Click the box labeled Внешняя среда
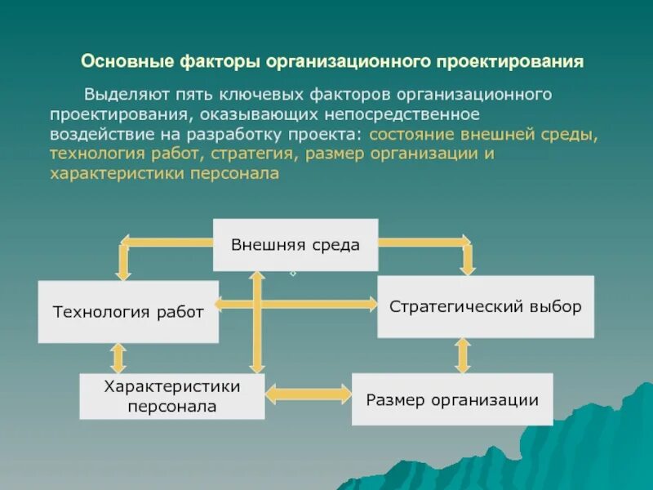(295, 244)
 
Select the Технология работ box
(128, 311)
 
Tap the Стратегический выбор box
(485, 306)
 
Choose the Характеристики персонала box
(171, 396)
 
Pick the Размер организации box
(451, 399)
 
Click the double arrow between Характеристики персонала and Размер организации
(308, 395)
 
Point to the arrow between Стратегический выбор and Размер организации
(463, 355)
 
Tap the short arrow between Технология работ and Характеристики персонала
(118, 358)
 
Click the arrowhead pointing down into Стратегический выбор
(468, 264)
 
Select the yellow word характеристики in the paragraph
(116, 173)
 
